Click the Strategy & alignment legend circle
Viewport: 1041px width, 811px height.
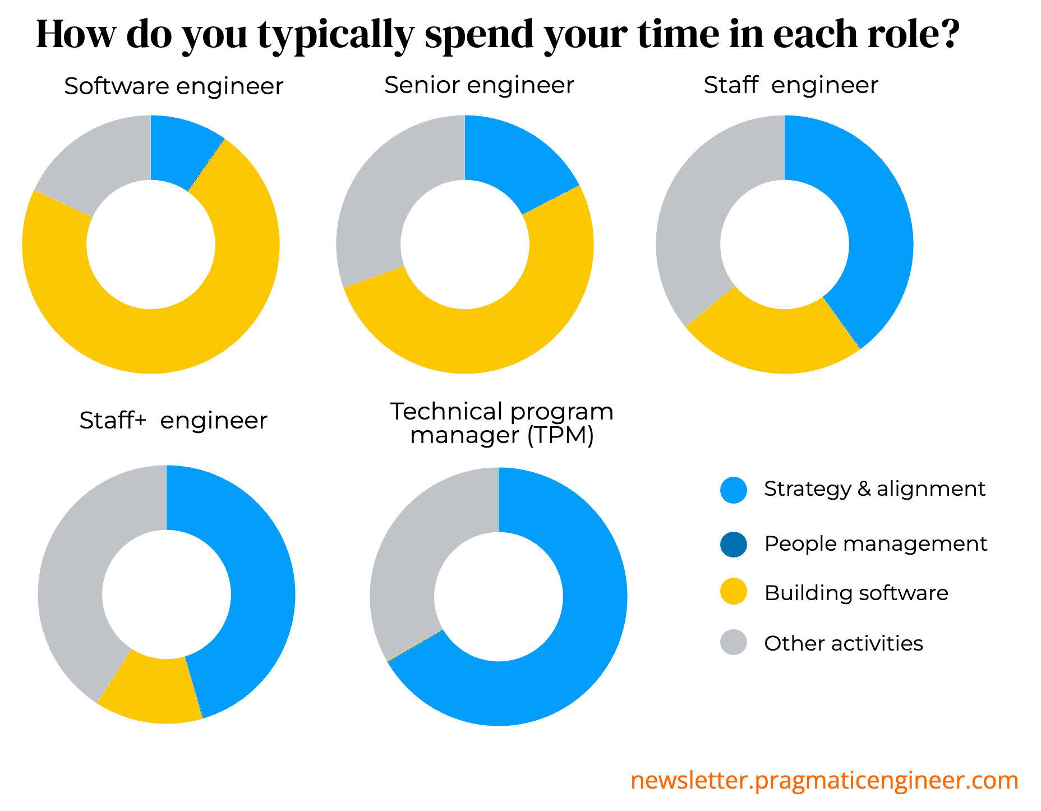733,490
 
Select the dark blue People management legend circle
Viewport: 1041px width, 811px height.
733,544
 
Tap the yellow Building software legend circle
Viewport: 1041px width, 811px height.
733,592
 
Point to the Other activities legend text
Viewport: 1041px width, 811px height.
843,643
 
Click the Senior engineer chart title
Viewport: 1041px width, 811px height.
479,85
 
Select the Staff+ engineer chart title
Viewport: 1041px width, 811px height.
173,421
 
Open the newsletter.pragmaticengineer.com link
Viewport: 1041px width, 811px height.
824,780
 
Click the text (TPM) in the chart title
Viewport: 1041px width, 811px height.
560,436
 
